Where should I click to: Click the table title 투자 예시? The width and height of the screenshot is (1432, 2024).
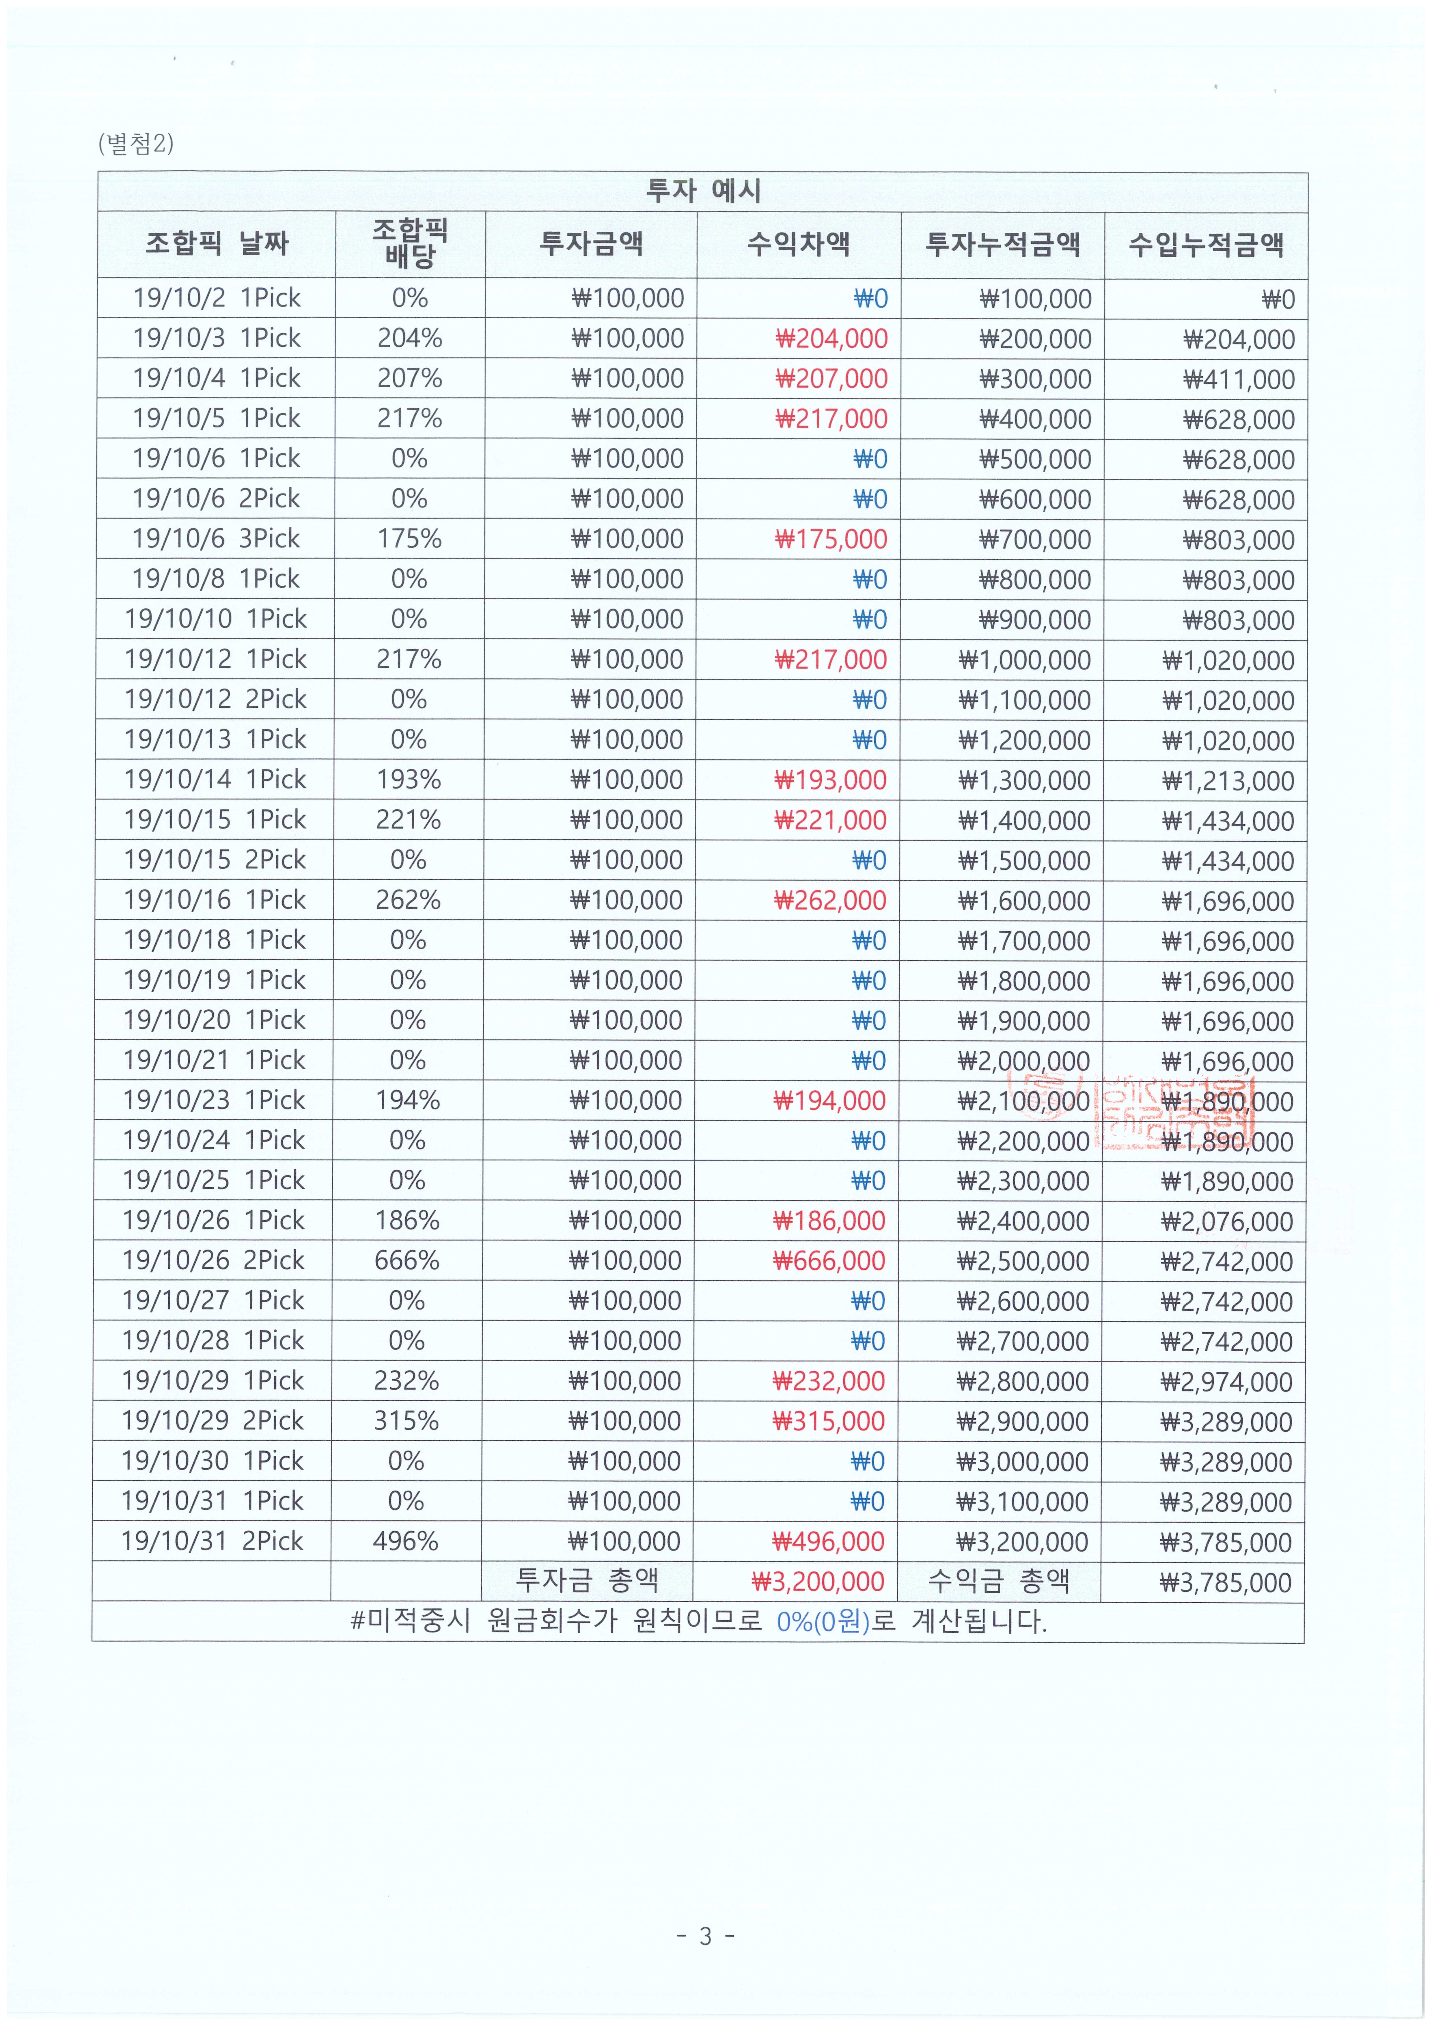703,191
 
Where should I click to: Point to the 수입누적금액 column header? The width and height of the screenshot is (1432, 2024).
1205,244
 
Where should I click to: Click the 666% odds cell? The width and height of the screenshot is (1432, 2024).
407,1260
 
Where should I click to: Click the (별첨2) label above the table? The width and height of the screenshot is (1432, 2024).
136,143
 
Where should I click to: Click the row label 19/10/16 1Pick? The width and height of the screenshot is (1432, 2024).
214,900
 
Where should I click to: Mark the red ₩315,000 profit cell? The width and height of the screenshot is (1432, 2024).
828,1421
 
